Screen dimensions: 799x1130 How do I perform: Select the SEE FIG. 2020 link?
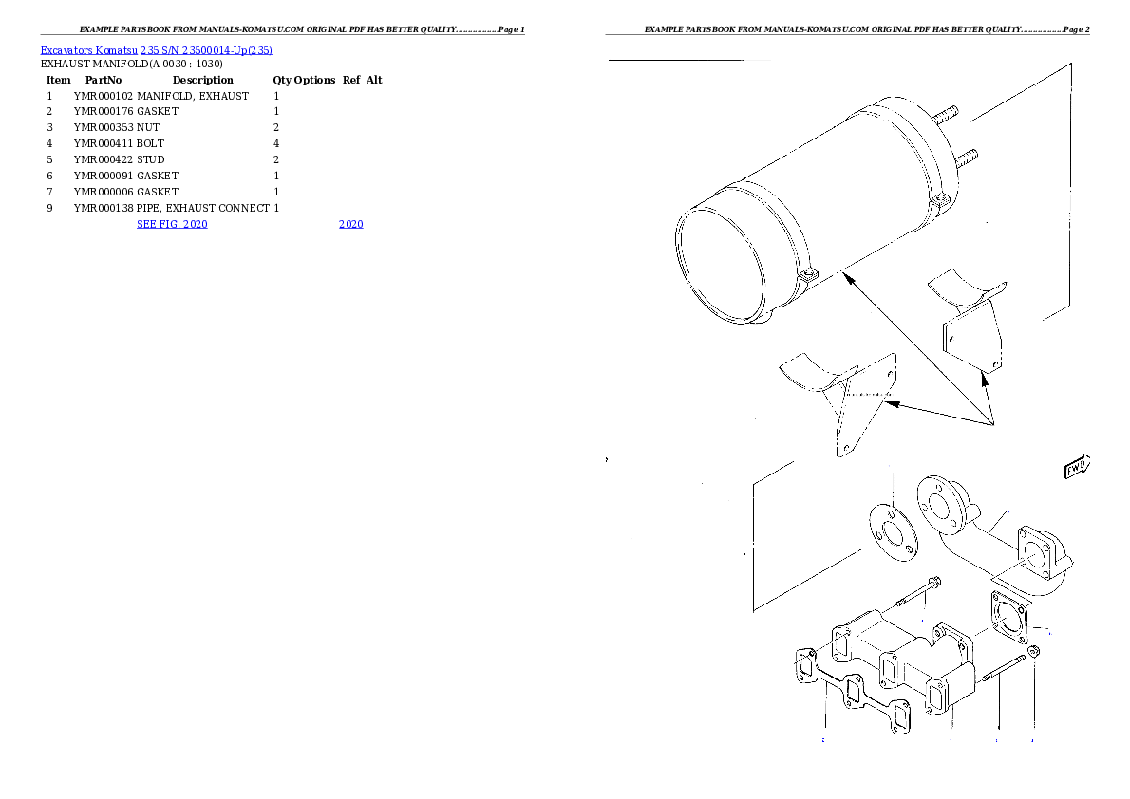click(172, 224)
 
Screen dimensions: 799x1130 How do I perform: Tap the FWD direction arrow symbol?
click(1077, 467)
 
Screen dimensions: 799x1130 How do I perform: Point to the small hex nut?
click(1034, 652)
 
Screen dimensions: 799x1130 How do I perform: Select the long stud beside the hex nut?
click(1003, 668)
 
